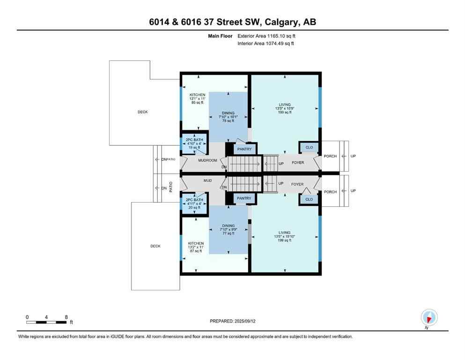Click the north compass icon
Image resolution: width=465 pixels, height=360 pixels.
click(428, 317)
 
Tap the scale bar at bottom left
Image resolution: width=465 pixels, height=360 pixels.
click(46, 322)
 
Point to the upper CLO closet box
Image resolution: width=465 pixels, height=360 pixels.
click(309, 147)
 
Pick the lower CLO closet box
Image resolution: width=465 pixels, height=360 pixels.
click(309, 199)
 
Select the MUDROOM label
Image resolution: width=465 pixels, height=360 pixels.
click(207, 160)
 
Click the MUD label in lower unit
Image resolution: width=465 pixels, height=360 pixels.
click(207, 180)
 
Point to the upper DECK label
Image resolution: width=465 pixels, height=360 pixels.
click(142, 112)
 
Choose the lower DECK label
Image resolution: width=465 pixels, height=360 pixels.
click(155, 246)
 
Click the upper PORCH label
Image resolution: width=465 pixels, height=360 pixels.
click(330, 156)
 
